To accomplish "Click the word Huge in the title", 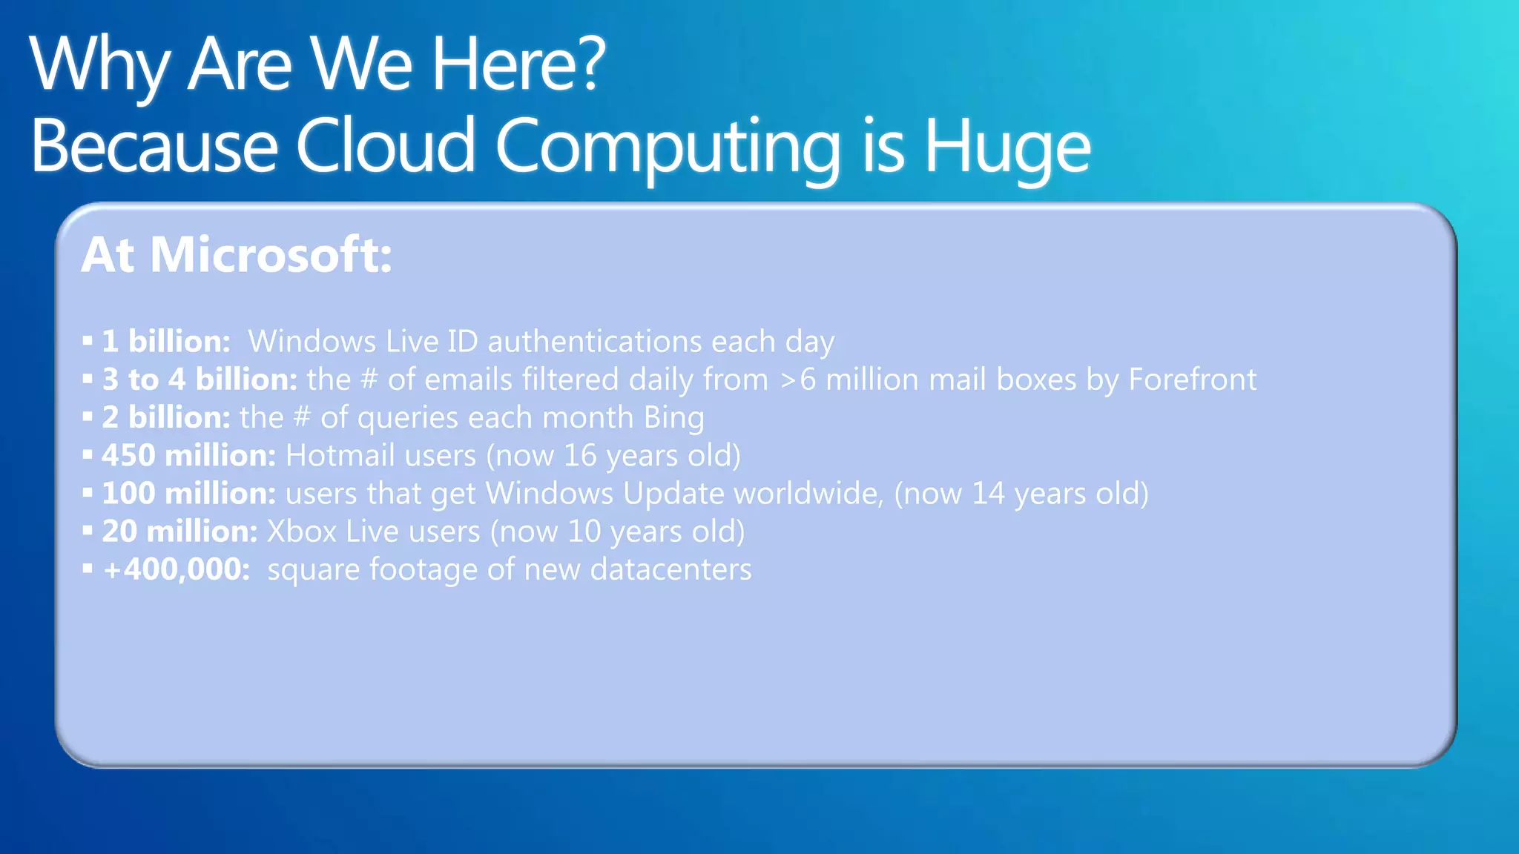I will [1006, 147].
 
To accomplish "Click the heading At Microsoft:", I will [237, 255].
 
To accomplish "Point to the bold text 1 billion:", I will [166, 342].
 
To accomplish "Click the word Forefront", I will [1192, 380].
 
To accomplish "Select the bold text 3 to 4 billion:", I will [200, 380].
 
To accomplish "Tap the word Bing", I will [673, 418].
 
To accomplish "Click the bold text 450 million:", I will [188, 456].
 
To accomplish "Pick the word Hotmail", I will [340, 456].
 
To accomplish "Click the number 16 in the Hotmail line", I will [579, 456].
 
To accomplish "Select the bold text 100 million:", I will [188, 494].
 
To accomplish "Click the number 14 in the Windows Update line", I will [988, 494].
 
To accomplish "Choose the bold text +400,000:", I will [177, 569].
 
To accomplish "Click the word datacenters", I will [670, 569].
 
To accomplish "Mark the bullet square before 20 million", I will [88, 530].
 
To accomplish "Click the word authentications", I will [594, 342].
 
